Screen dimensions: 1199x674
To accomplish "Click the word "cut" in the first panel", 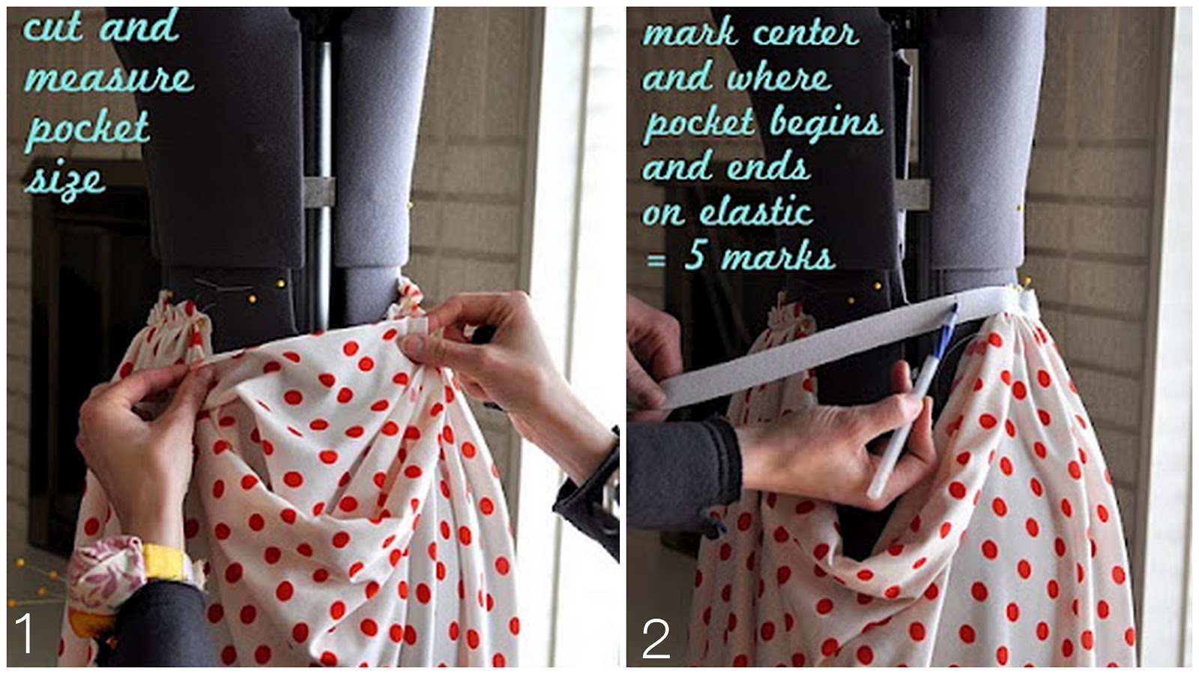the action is (x=52, y=27).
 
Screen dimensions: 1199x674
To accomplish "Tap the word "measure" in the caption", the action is (x=109, y=78).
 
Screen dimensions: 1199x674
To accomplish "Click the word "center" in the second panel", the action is (x=806, y=33).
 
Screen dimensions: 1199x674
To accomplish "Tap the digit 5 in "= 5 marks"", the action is (x=695, y=257).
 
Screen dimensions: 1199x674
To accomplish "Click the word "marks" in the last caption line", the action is (x=778, y=258).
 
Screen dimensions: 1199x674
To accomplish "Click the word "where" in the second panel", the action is (x=779, y=78).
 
